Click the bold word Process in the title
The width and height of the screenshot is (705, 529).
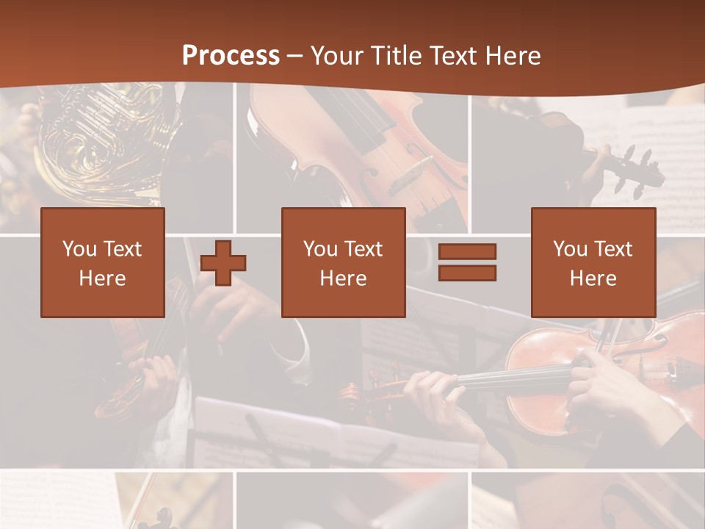(x=231, y=56)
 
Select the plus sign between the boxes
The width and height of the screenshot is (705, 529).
(x=223, y=262)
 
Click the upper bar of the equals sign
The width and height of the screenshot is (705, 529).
(x=467, y=251)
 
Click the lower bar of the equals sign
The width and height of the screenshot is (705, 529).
(x=467, y=273)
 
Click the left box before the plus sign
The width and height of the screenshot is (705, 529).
(x=102, y=220)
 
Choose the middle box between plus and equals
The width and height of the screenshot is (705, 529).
(x=343, y=220)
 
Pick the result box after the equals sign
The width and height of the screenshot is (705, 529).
(x=593, y=220)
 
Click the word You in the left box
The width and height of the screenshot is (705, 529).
(x=79, y=249)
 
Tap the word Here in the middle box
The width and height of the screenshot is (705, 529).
(x=343, y=278)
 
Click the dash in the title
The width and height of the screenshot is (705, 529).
(x=295, y=56)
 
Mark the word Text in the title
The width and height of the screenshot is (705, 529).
(x=451, y=56)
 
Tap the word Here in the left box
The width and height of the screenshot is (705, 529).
(x=102, y=278)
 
